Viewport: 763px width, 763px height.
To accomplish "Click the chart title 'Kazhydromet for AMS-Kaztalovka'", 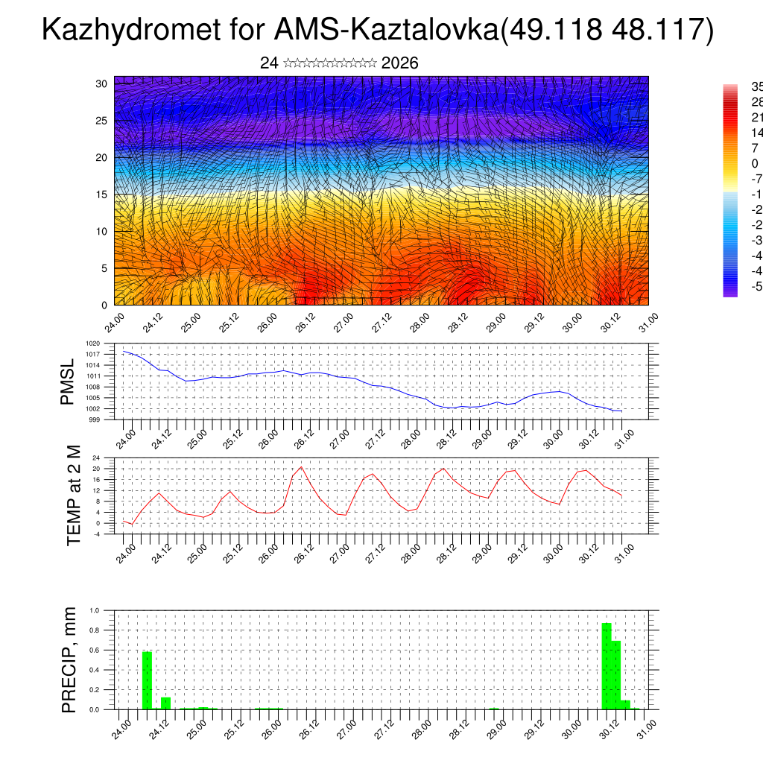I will tap(268, 31).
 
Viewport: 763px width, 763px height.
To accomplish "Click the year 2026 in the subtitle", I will tap(399, 63).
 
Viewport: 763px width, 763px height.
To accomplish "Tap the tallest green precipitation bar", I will tap(607, 665).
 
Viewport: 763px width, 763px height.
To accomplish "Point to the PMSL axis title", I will tap(68, 381).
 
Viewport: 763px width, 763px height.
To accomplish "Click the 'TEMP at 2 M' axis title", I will tap(74, 495).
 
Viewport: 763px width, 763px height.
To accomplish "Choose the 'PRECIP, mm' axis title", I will tap(69, 659).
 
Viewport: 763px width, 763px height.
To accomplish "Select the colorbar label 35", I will tap(756, 86).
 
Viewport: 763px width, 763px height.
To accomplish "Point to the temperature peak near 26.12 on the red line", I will tap(301, 467).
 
